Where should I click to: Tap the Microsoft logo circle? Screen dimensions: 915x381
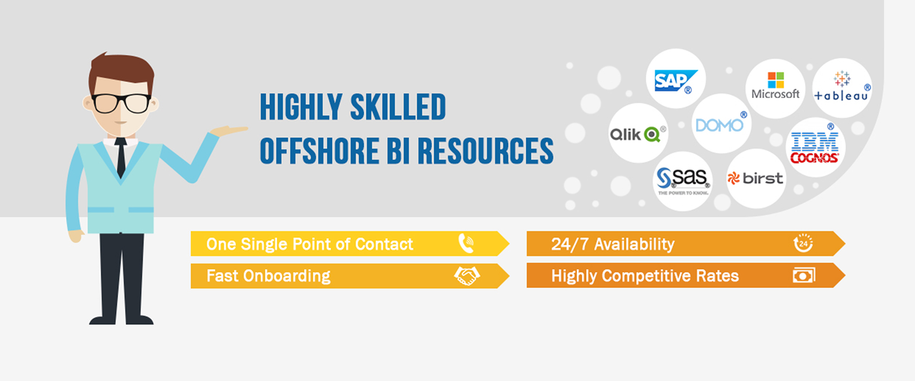pos(775,89)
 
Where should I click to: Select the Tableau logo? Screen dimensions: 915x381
pos(842,87)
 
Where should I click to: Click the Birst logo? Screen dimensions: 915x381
pos(755,179)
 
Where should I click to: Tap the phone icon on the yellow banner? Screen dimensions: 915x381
pos(466,243)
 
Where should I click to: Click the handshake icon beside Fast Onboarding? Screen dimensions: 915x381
pos(467,276)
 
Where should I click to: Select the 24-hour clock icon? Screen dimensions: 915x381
pos(803,243)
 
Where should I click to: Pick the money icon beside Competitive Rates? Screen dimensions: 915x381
pos(804,276)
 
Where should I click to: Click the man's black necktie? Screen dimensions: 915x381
pos(121,157)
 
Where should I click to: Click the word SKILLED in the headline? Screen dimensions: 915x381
pos(398,107)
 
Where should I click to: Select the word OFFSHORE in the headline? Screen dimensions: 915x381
pos(319,151)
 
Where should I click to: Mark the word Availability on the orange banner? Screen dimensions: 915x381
pos(634,244)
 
